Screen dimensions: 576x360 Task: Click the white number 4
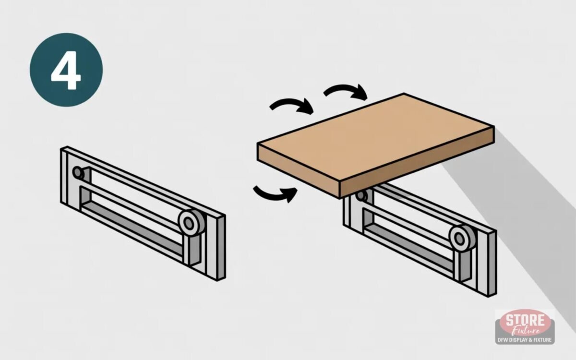[x=66, y=70]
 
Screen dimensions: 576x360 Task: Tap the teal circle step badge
[x=66, y=70]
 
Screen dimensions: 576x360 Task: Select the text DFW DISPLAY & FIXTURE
[x=525, y=340]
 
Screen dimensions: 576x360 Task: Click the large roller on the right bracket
[x=462, y=238]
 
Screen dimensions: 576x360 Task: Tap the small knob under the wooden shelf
[x=362, y=196]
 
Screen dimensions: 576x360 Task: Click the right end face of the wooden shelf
[x=417, y=162]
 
